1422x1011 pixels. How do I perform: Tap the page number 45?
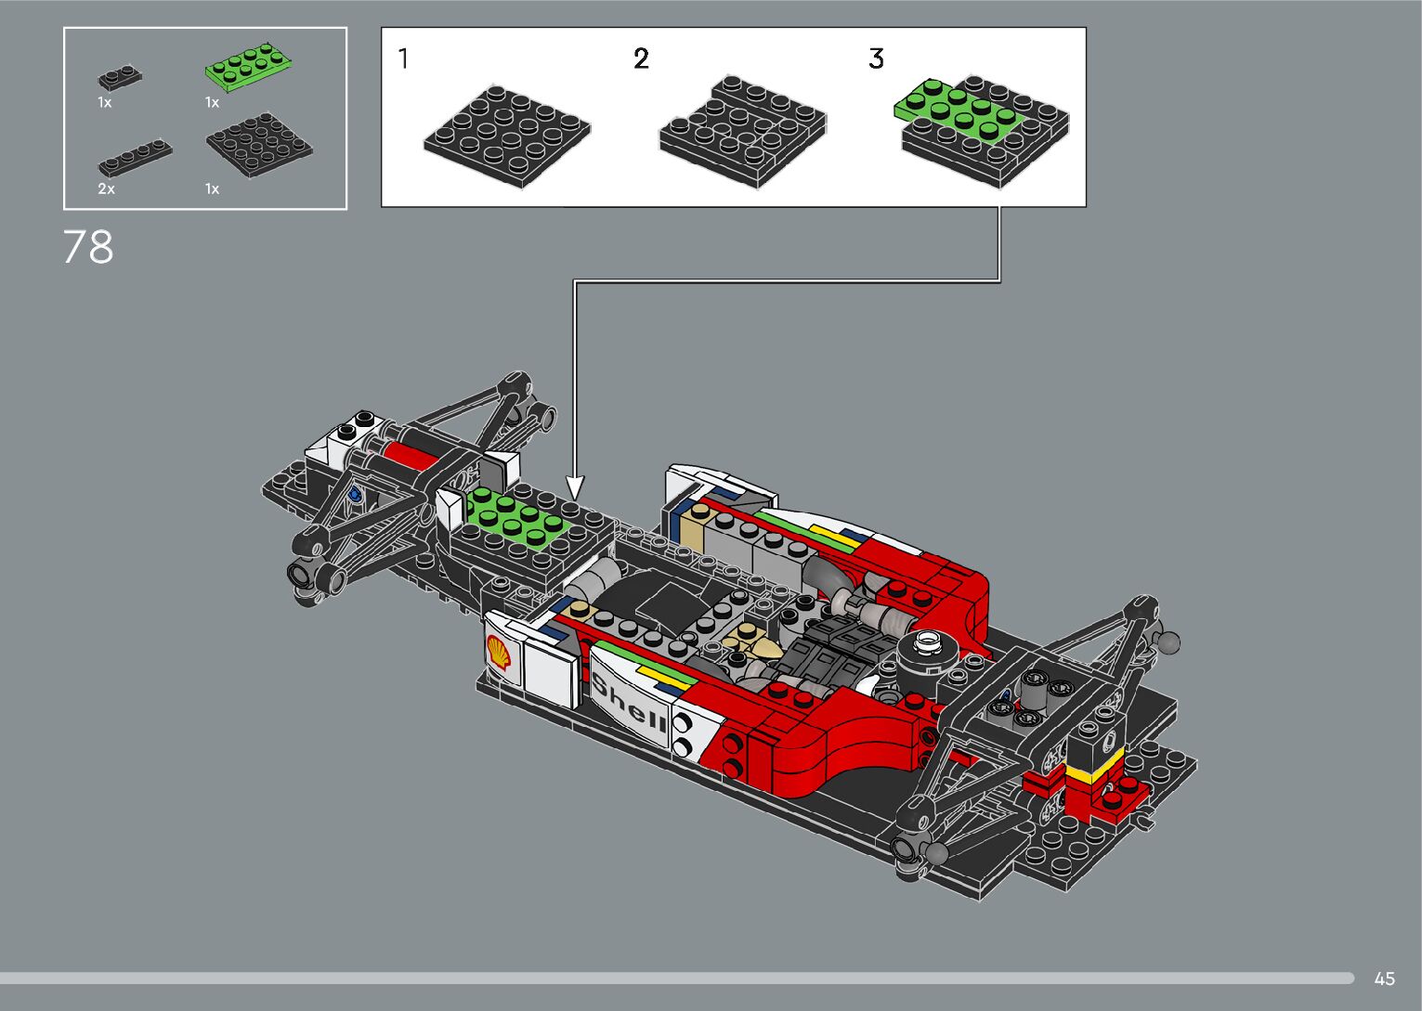tap(1384, 979)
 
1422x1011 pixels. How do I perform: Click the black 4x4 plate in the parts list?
tap(259, 145)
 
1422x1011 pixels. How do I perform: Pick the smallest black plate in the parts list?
tap(120, 77)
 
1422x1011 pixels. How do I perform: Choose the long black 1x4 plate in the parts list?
tap(135, 158)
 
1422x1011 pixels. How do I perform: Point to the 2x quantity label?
tap(106, 188)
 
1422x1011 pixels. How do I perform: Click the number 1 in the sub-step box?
tap(403, 58)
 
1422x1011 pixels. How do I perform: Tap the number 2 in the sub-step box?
tap(641, 58)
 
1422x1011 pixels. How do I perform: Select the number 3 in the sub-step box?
tap(876, 58)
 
